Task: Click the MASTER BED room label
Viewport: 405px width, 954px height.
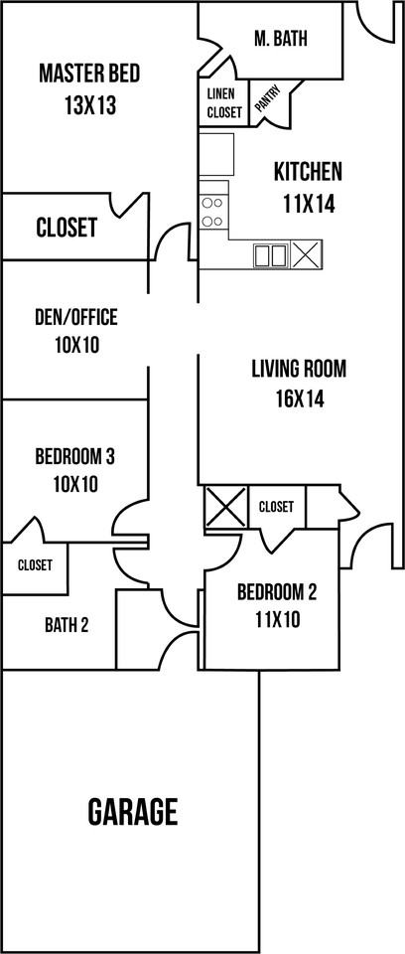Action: tap(88, 74)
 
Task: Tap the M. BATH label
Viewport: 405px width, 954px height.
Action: tap(281, 39)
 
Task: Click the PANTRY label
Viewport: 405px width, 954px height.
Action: tap(267, 100)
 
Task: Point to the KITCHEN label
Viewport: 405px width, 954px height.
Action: tap(308, 171)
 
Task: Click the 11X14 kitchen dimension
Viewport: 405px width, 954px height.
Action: tap(308, 205)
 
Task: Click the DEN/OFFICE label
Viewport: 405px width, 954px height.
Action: tap(75, 318)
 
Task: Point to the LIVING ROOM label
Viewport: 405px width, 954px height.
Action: tap(298, 370)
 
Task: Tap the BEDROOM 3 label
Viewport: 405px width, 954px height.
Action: tap(75, 457)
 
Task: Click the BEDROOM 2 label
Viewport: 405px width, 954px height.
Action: tap(277, 593)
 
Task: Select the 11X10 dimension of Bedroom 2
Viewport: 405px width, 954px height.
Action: tap(277, 621)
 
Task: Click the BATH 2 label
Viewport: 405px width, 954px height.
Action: tap(67, 625)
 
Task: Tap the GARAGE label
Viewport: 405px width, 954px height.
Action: tap(133, 812)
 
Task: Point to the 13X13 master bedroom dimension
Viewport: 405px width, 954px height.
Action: tap(88, 105)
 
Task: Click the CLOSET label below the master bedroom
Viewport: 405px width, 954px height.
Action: tap(67, 228)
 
